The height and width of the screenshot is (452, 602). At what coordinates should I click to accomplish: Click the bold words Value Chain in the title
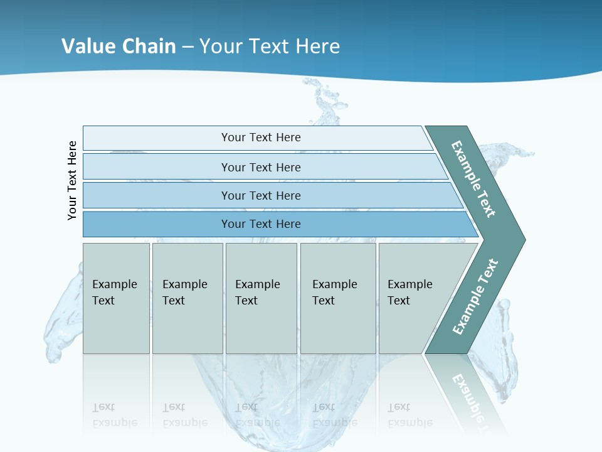click(x=119, y=46)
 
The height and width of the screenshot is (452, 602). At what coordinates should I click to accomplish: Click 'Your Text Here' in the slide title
click(x=270, y=46)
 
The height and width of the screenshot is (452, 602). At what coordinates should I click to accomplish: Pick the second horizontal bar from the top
click(x=261, y=167)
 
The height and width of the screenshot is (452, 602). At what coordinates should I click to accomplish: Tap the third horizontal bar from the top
click(x=261, y=195)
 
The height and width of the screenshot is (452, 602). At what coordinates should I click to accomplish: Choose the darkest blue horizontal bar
click(x=261, y=224)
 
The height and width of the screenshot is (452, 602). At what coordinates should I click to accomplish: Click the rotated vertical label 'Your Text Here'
click(x=73, y=180)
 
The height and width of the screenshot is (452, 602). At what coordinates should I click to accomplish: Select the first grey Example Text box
click(x=116, y=298)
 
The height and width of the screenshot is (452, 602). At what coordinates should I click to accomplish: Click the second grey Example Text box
click(x=187, y=298)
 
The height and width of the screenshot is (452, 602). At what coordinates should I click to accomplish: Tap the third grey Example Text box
click(x=261, y=298)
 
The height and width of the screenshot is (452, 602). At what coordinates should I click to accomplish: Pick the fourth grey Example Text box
click(x=337, y=298)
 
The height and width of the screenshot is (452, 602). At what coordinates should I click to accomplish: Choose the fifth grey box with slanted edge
click(x=414, y=298)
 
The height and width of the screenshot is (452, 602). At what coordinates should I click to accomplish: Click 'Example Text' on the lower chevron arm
click(x=475, y=296)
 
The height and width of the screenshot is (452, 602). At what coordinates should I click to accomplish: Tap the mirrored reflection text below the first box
click(x=114, y=416)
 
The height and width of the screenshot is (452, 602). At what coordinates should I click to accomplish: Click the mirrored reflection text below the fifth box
click(x=410, y=416)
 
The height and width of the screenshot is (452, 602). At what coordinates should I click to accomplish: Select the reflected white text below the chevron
click(x=467, y=395)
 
